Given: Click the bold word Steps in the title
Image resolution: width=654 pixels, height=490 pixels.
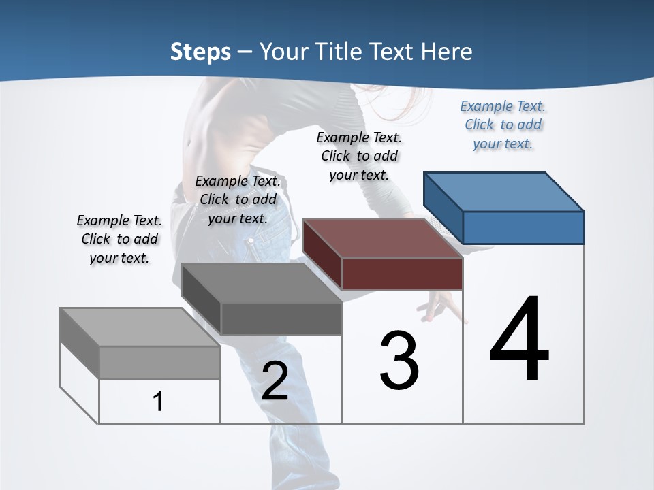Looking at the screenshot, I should click(200, 52).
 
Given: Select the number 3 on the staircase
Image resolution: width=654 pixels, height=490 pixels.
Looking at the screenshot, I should click(399, 361).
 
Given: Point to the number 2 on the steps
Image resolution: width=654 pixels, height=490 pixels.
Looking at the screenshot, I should click(275, 381).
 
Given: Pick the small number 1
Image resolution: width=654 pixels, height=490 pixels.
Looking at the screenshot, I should click(158, 402).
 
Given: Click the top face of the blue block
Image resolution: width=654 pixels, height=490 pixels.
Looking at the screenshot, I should click(503, 191).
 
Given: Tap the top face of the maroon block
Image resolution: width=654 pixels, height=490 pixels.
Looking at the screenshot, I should click(381, 238).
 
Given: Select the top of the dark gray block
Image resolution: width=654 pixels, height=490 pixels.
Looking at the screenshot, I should click(261, 283).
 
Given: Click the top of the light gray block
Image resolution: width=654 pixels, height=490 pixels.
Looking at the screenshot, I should click(140, 327).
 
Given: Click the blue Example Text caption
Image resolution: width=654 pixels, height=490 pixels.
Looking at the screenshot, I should click(503, 125).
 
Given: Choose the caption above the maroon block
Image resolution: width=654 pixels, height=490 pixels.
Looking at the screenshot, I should click(359, 156).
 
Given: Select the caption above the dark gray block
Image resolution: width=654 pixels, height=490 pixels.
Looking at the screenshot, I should click(238, 199).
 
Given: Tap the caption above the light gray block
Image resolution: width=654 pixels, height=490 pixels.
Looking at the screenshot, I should click(119, 239).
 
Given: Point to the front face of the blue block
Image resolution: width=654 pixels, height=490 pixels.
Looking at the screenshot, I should click(523, 227).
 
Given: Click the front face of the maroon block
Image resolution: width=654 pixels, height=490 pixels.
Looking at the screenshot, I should click(402, 274).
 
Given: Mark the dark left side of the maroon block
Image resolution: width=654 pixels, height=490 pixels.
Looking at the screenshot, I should click(322, 248).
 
